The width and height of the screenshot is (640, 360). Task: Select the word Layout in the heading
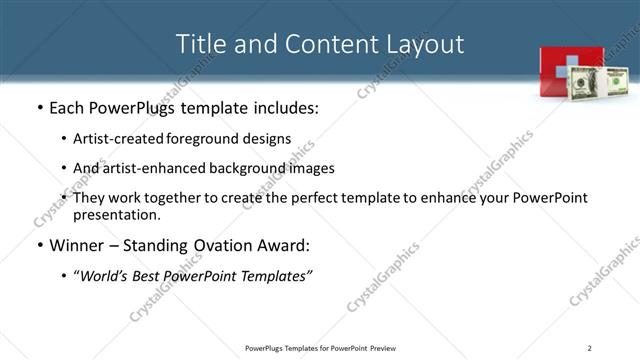424,44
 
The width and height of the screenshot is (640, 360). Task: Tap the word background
257,168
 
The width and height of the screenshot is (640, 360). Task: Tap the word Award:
284,244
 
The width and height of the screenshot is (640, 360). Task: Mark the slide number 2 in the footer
589,348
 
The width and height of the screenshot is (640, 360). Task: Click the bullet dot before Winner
39,245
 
